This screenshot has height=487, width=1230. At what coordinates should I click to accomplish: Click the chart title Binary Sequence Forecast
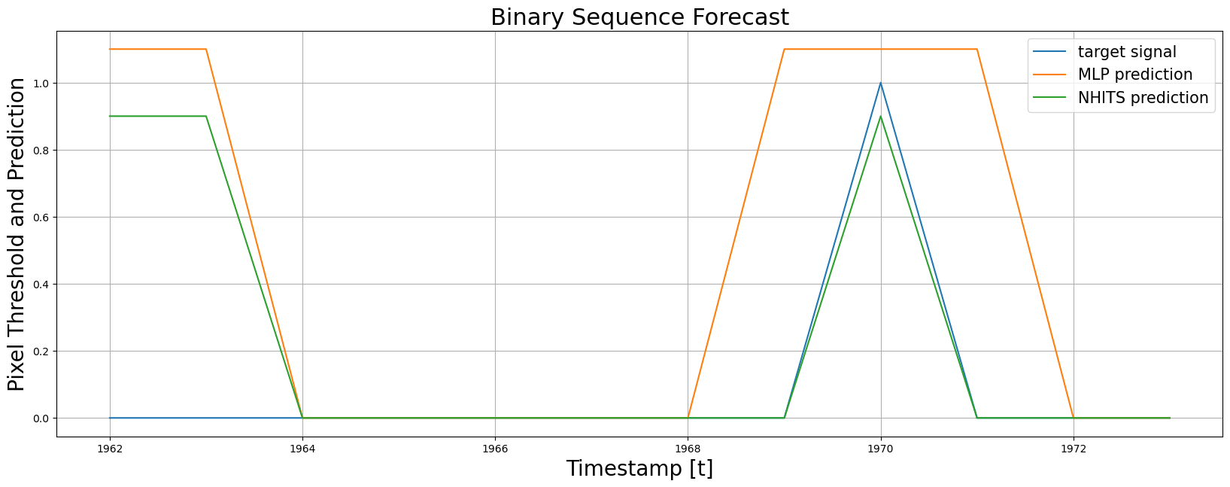tap(639, 17)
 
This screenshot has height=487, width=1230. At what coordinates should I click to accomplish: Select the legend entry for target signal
tap(1127, 52)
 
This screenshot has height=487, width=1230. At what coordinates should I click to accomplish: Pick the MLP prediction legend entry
tap(1135, 75)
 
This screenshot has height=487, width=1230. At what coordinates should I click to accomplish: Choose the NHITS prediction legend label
tap(1143, 97)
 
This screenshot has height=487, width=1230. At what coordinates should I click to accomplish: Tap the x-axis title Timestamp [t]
tap(639, 468)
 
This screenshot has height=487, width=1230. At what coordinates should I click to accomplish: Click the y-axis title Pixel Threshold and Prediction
tap(16, 234)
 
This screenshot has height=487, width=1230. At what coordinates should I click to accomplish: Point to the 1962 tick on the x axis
tap(110, 449)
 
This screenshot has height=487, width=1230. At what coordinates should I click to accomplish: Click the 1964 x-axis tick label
tap(302, 449)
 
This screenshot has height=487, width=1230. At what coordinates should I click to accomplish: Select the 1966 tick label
tap(495, 449)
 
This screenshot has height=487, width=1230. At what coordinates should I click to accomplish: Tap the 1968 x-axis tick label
tap(688, 449)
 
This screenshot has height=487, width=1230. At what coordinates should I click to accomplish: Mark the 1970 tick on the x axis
tap(881, 449)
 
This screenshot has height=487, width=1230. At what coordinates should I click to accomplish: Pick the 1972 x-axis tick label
tap(1074, 449)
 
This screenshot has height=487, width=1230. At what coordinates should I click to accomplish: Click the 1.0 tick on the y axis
tap(41, 84)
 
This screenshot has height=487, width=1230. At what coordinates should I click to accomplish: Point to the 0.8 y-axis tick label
tap(41, 151)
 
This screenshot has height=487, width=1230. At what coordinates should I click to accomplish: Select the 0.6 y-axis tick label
tap(41, 218)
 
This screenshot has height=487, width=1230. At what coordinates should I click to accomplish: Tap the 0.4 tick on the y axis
tap(41, 285)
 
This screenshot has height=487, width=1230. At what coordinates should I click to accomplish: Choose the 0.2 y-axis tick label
tap(41, 352)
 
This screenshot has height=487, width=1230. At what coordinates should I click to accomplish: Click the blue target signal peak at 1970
tap(881, 83)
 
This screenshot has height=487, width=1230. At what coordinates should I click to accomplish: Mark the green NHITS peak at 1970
tap(881, 117)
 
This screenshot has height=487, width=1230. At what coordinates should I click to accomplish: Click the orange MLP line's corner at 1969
tap(784, 50)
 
